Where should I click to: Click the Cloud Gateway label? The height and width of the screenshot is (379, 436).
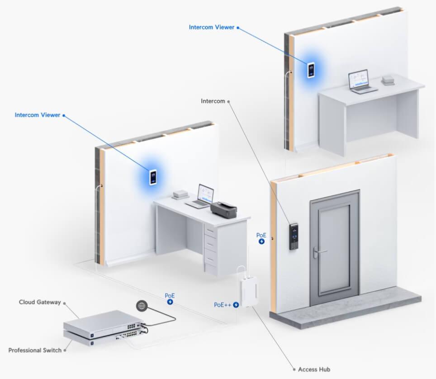(x=40, y=302)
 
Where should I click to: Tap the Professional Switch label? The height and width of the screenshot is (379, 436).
(x=35, y=350)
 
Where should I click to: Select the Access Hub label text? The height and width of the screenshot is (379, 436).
(x=314, y=369)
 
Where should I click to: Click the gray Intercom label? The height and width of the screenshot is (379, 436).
(x=213, y=101)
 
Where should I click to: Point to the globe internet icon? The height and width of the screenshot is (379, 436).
(x=142, y=306)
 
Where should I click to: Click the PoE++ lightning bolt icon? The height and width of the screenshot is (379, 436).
(x=236, y=305)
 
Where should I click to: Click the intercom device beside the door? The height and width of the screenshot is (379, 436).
(x=294, y=236)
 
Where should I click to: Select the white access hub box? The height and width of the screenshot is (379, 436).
(x=249, y=290)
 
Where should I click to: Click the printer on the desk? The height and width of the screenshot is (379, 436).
(x=223, y=210)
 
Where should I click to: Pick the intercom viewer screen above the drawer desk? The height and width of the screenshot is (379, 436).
(x=153, y=177)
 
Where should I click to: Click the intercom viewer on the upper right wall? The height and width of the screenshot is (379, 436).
(x=311, y=70)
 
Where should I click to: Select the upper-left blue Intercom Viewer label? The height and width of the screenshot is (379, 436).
(x=37, y=115)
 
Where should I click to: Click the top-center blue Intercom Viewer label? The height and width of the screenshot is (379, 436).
(x=212, y=27)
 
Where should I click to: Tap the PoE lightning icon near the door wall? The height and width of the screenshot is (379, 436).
(x=261, y=242)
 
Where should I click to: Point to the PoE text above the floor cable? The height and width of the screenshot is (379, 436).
(x=170, y=296)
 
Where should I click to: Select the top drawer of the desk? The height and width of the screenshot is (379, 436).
(x=210, y=230)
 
